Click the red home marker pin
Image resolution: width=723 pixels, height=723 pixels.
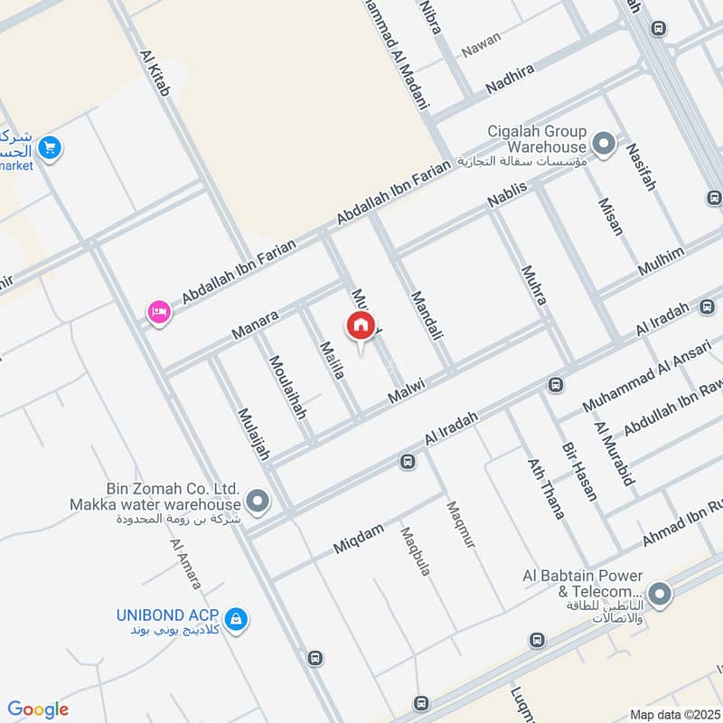(x=361, y=326)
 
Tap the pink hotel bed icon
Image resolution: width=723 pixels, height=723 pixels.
(x=158, y=313)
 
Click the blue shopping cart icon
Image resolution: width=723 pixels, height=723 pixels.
(x=51, y=147)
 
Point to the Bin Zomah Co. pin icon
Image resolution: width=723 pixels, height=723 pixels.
(x=258, y=501)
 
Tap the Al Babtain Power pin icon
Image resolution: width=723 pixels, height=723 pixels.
(x=661, y=594)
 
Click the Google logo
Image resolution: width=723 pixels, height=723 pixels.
(x=37, y=709)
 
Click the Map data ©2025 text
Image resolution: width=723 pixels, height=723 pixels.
(x=674, y=714)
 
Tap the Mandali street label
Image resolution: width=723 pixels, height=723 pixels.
(x=427, y=315)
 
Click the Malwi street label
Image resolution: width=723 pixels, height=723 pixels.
(x=407, y=390)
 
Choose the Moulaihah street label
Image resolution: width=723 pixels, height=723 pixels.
(x=287, y=387)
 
